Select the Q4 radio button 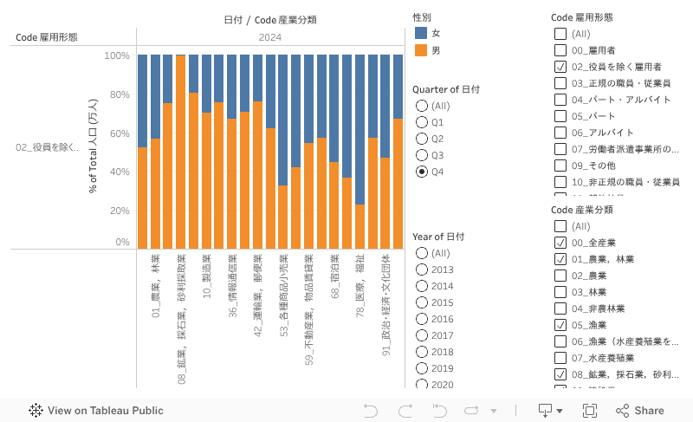pyautogui.click(x=422, y=172)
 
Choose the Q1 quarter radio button pyautogui.click(x=422, y=122)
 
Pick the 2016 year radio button pyautogui.click(x=422, y=319)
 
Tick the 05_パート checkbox pyautogui.click(x=560, y=116)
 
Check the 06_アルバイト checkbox pyautogui.click(x=560, y=133)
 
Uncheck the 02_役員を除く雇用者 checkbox pyautogui.click(x=560, y=67)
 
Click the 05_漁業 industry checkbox pyautogui.click(x=560, y=325)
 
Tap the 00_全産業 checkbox pyautogui.click(x=560, y=243)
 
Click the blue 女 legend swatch pyautogui.click(x=421, y=33)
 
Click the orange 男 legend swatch pyautogui.click(x=421, y=50)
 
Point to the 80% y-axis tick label pyautogui.click(x=116, y=94)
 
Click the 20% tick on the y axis pyautogui.click(x=116, y=211)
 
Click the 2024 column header pyautogui.click(x=269, y=37)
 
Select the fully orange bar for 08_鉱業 pyautogui.click(x=180, y=152)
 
